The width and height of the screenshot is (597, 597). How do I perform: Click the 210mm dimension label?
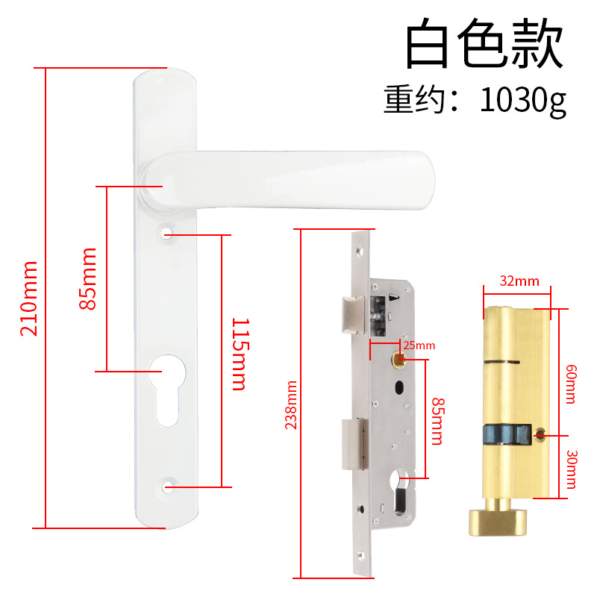pos(29,298)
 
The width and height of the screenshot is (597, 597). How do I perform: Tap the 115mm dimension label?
pos(238,354)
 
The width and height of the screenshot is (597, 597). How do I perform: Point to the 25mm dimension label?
pos(419,346)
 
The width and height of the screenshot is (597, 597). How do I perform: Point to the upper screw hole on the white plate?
pos(166,234)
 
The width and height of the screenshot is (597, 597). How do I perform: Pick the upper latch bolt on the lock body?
pos(350,313)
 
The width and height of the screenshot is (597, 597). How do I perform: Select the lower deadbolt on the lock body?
pos(353,445)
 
